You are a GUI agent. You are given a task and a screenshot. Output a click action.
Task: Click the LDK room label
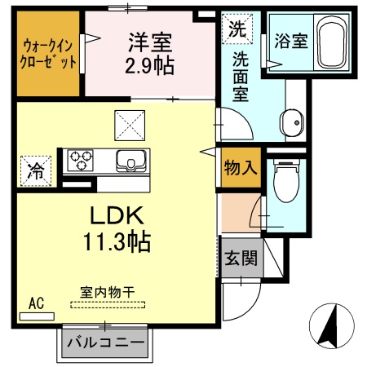coord(117,216)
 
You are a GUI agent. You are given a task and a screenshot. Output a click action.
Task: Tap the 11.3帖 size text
coord(117,242)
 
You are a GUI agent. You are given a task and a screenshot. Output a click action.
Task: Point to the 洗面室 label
coord(241,77)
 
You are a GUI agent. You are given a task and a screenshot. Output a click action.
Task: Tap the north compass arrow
coord(330,327)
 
